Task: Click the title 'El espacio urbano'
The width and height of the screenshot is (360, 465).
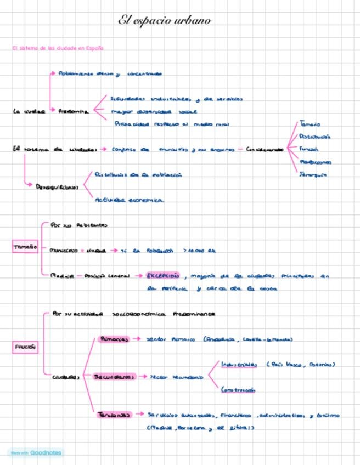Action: click(165, 21)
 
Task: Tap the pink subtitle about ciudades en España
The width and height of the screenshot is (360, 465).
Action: click(58, 48)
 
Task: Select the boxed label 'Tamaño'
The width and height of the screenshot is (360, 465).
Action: click(25, 247)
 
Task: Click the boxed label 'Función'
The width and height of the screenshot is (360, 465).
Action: click(25, 347)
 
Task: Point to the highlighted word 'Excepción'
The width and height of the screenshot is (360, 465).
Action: click(163, 276)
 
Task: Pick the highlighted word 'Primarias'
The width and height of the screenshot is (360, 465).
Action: click(114, 339)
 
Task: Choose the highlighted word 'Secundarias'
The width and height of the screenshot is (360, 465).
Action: click(114, 377)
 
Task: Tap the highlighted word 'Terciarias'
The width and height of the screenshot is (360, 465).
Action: click(115, 415)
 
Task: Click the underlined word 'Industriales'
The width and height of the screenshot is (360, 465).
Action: click(239, 364)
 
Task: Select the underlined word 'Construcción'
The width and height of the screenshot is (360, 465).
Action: click(238, 390)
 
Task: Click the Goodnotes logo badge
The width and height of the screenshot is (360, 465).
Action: click(36, 453)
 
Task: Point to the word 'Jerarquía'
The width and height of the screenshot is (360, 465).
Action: click(313, 175)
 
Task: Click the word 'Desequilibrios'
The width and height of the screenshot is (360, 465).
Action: click(57, 186)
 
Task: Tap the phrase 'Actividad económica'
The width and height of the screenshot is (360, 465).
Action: click(129, 200)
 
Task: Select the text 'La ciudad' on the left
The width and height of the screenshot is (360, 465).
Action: click(29, 111)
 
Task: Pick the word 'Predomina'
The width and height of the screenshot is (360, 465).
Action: click(74, 111)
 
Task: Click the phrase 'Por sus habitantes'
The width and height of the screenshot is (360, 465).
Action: click(79, 225)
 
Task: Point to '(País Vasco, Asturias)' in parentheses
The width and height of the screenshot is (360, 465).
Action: click(300, 364)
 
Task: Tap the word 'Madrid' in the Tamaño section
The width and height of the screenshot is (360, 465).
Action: click(61, 276)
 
